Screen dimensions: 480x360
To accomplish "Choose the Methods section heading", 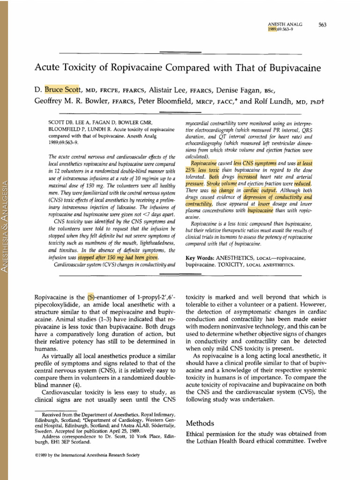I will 201,423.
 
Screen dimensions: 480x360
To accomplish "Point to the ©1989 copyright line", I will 87,455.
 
